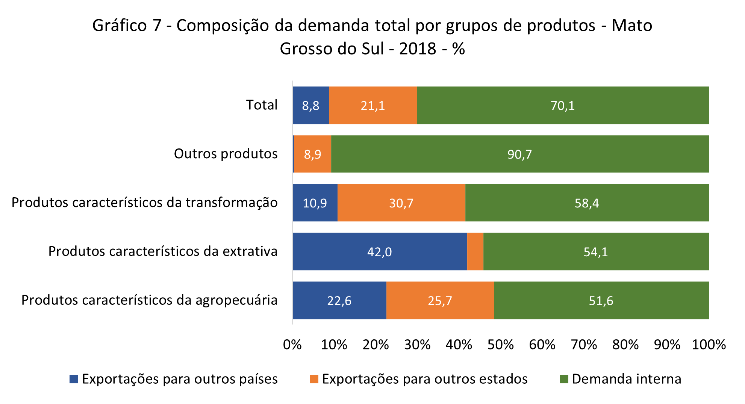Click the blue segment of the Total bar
(x=310, y=105)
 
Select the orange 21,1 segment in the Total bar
(x=373, y=105)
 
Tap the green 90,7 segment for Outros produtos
(x=520, y=154)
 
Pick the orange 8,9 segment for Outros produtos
(x=312, y=154)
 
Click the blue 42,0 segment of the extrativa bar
(x=380, y=251)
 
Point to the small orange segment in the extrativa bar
(x=475, y=251)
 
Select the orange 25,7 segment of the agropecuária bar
(x=440, y=300)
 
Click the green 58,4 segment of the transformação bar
(x=587, y=203)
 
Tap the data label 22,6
(x=339, y=301)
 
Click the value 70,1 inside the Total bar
(x=563, y=106)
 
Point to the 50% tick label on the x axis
(x=500, y=345)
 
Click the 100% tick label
(x=709, y=345)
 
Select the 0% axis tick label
(x=292, y=345)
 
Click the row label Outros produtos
(x=226, y=154)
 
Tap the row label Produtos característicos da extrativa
(x=163, y=251)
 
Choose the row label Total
(x=262, y=105)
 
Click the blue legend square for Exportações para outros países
(x=74, y=379)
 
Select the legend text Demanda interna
(x=627, y=379)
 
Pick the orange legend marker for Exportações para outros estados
(x=314, y=379)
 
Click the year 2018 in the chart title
(x=418, y=49)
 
